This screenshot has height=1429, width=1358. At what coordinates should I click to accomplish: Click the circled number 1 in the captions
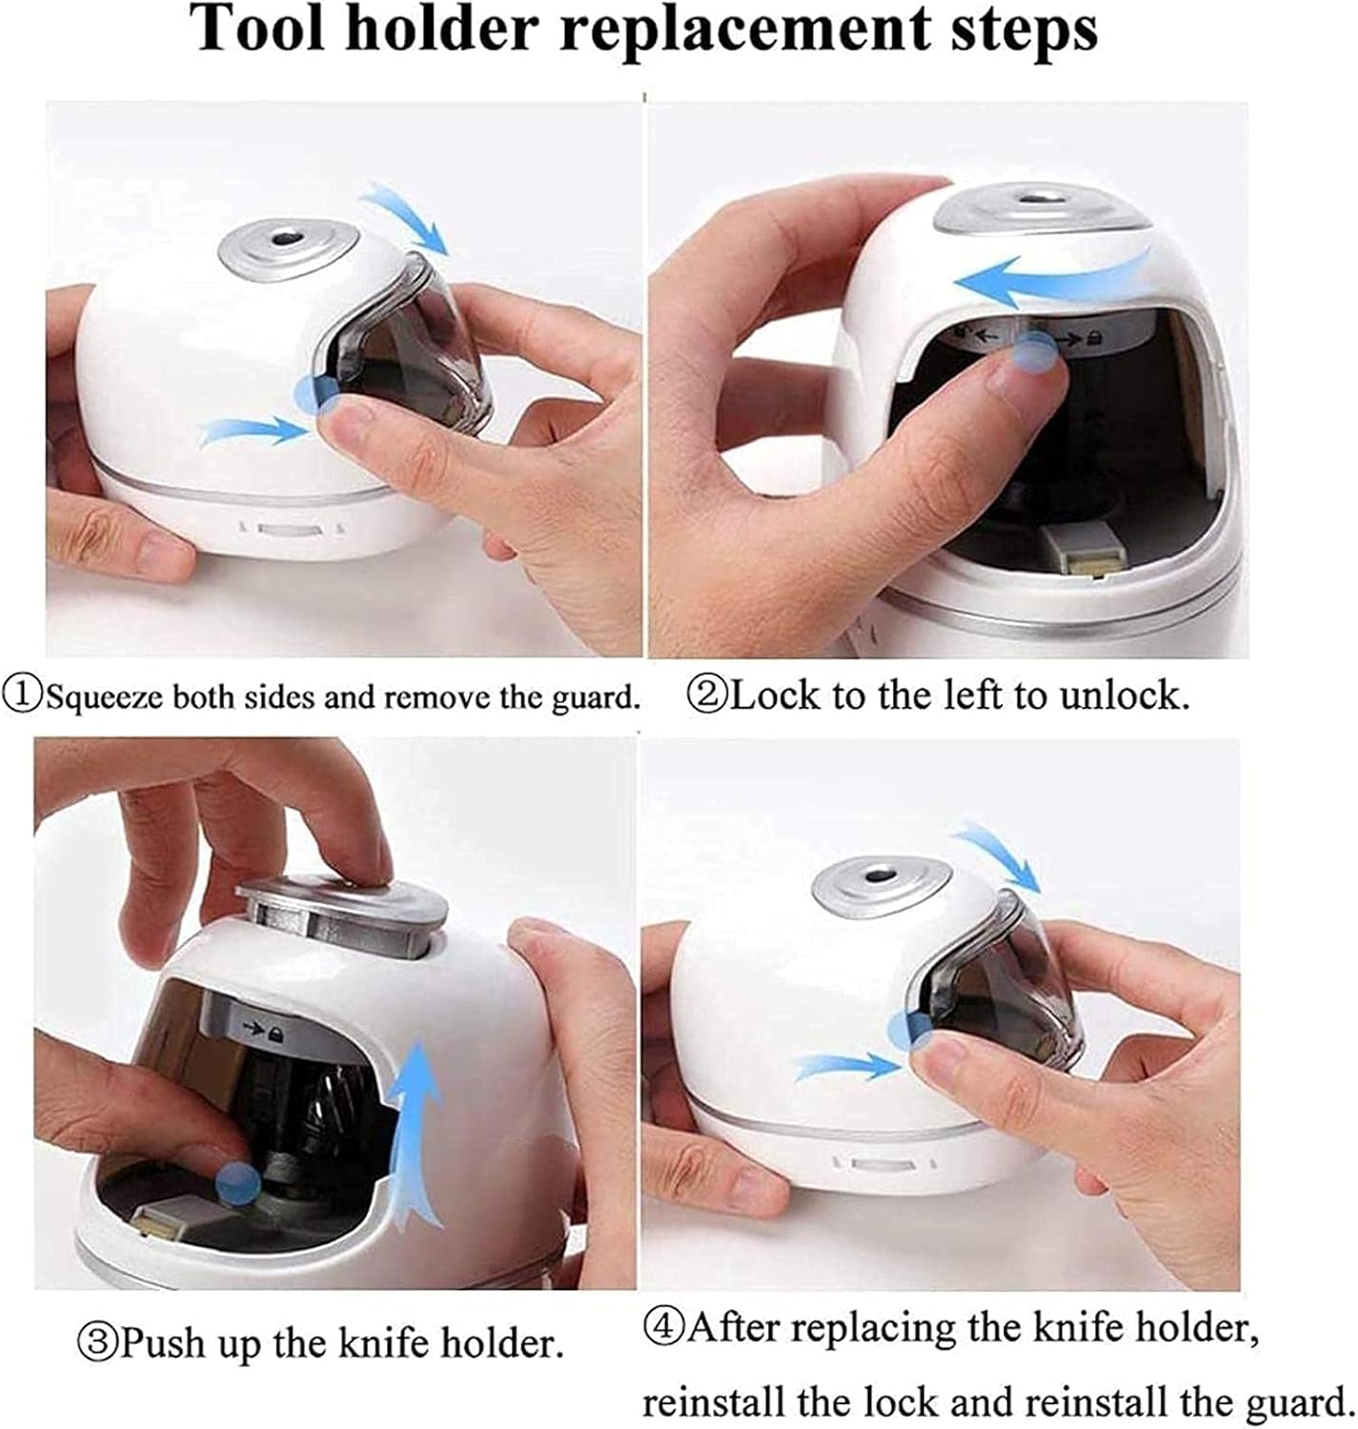coord(23,695)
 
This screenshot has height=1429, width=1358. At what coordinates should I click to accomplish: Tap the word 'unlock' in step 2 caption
coord(1124,695)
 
